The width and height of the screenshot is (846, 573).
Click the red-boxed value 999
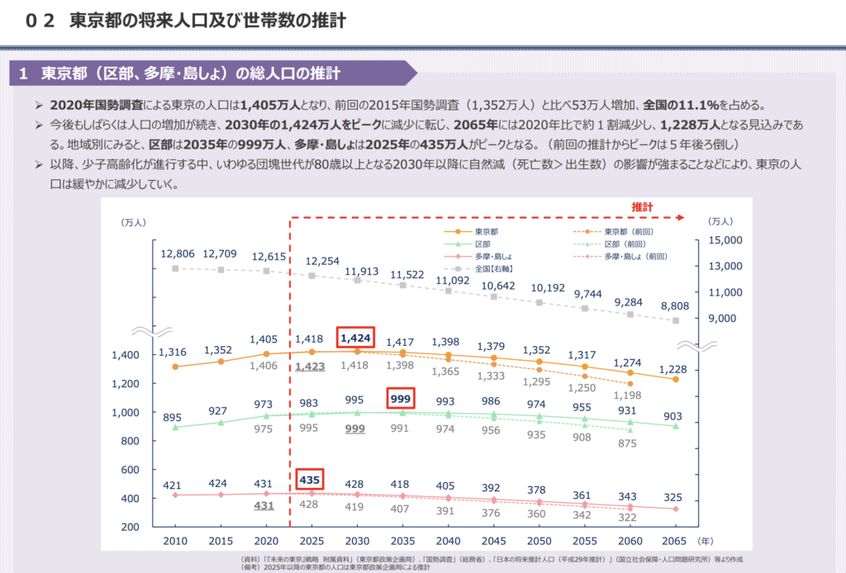402,398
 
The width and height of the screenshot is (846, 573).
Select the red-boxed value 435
311,480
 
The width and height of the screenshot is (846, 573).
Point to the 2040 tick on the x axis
448,540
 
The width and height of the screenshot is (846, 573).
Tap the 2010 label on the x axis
175,540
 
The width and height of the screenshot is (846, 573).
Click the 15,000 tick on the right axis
725,240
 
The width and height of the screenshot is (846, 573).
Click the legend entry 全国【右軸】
492,268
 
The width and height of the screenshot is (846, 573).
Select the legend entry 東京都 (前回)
632,231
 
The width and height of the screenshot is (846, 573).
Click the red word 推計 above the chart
644,205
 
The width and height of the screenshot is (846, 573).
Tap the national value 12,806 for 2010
175,253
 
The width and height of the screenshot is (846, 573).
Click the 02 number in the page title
40,21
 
